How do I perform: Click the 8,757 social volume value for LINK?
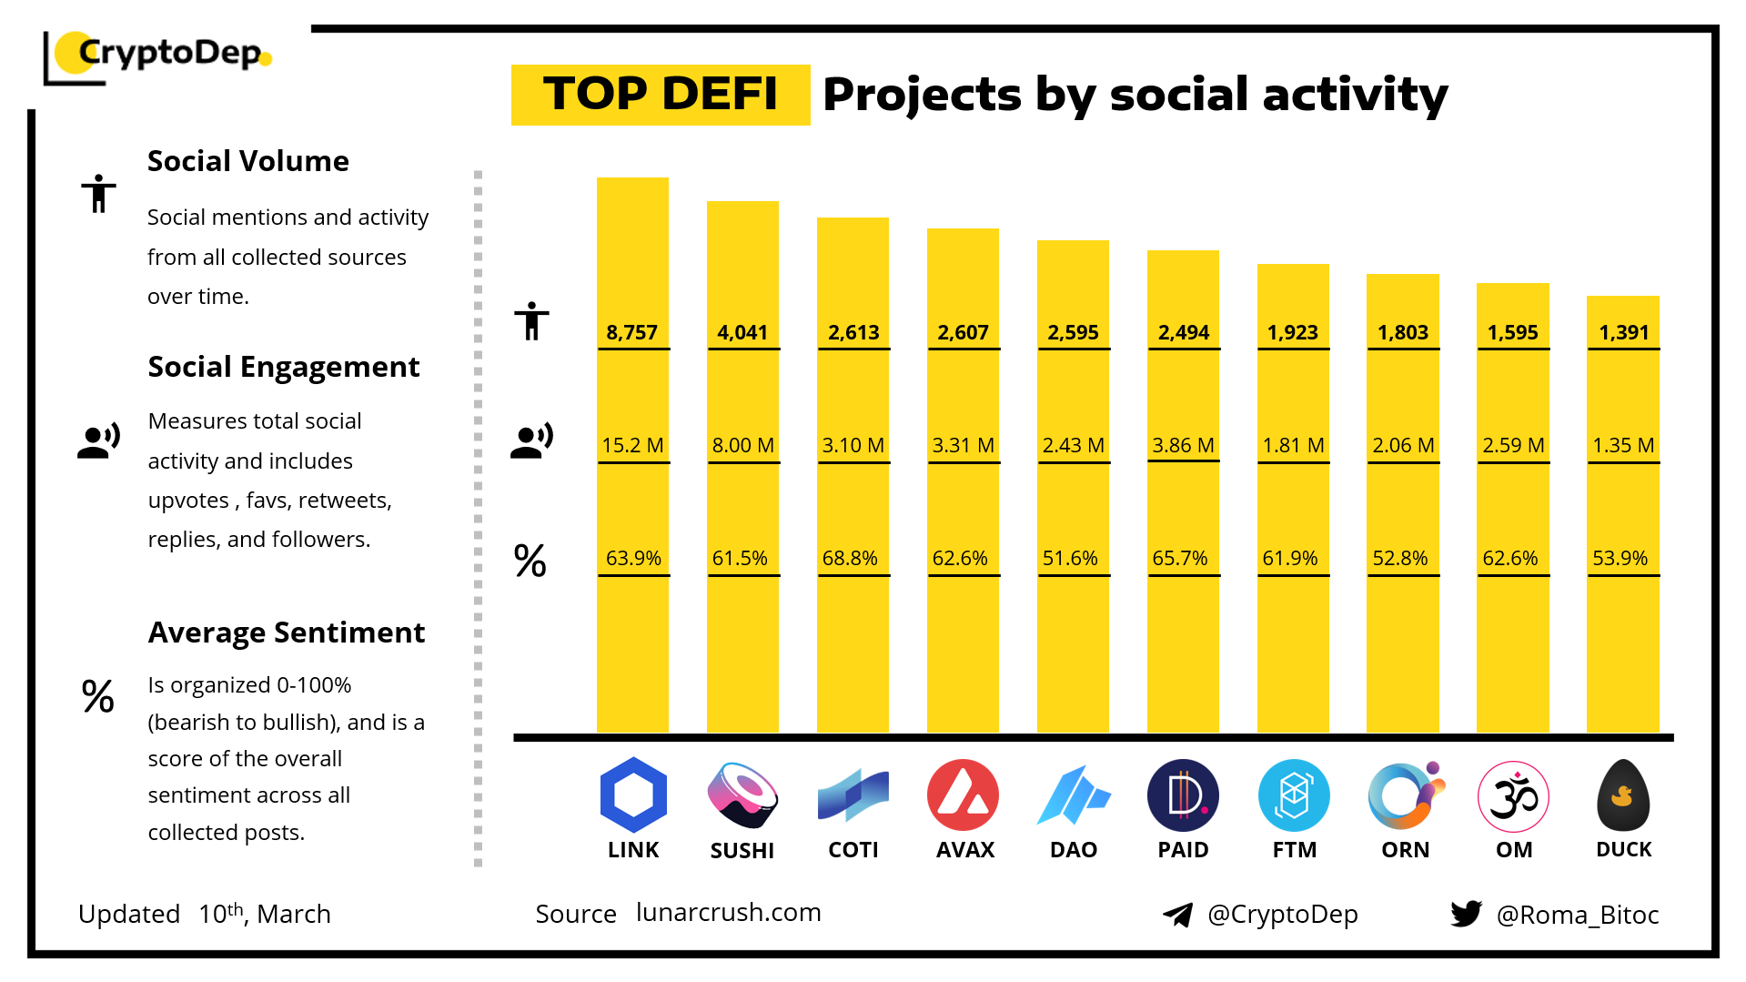(632, 332)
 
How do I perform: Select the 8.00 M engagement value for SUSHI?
(742, 445)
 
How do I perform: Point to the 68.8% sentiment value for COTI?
(850, 558)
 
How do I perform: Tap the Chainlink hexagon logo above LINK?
(633, 795)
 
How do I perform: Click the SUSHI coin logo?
(742, 795)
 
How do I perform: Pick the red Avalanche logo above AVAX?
(963, 795)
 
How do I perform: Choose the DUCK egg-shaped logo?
(1623, 795)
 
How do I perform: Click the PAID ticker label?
(1183, 850)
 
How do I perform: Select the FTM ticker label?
(1295, 850)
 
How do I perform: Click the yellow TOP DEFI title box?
(661, 95)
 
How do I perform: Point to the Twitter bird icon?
(1467, 913)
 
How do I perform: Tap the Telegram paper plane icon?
(1178, 914)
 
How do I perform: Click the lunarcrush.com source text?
(728, 912)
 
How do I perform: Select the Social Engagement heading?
(284, 367)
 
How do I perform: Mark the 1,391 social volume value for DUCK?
(1623, 332)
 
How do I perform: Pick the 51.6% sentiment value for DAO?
(1070, 558)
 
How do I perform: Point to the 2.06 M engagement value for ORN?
(1403, 445)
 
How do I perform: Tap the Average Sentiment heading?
(287, 633)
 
